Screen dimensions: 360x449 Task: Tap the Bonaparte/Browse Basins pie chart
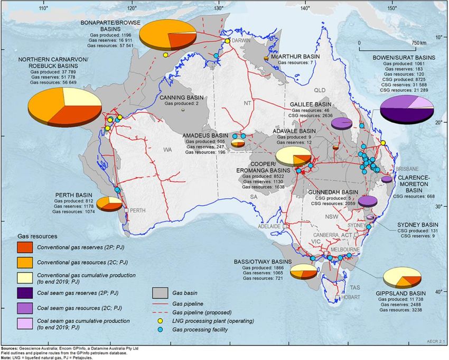[168, 33]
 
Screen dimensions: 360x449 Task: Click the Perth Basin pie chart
[110, 204]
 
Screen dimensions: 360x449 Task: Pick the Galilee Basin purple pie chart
[341, 123]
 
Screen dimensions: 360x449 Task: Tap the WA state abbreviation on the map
[168, 151]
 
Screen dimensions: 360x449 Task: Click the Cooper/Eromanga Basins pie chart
[294, 156]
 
